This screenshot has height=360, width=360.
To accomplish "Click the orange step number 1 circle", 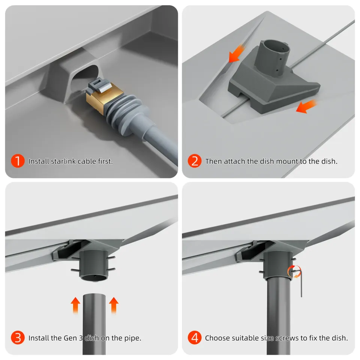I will [18, 161].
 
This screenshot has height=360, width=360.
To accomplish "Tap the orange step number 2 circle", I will [195, 161].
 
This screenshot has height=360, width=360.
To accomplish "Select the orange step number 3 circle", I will [18, 338].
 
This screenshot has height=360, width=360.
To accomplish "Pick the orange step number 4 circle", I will [195, 338].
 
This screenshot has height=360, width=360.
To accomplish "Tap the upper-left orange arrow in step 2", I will [237, 54].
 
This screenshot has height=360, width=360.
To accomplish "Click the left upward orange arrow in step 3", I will [76, 304].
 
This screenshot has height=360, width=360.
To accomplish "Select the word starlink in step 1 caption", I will [62, 162].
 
